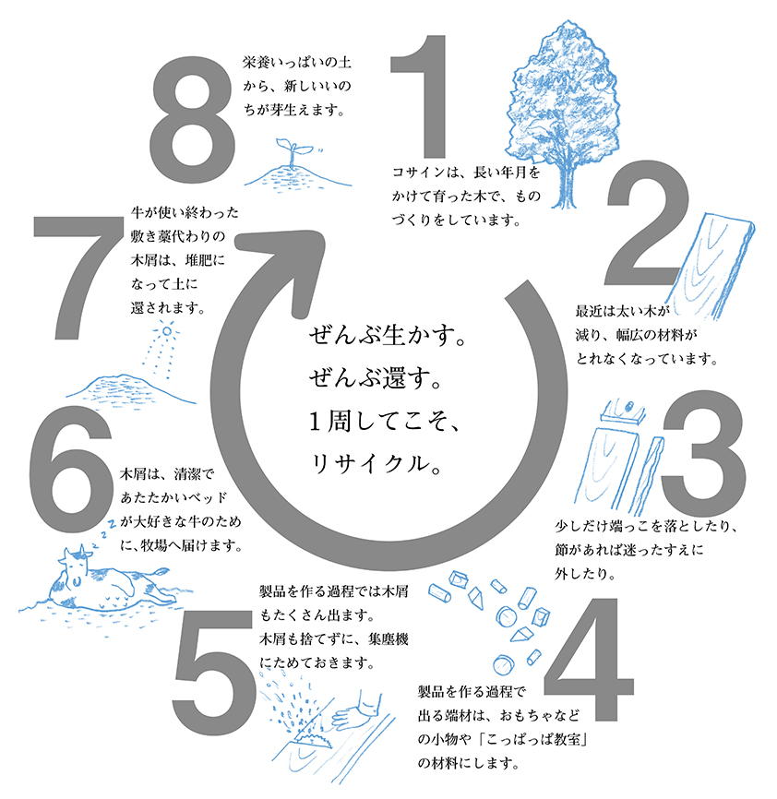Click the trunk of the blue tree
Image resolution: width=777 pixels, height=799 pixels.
(565, 184)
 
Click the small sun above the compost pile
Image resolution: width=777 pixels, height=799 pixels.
(166, 331)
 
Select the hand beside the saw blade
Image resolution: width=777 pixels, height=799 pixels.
(355, 710)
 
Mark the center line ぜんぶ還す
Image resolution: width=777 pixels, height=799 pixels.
(375, 378)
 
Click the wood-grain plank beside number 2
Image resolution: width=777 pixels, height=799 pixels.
(711, 266)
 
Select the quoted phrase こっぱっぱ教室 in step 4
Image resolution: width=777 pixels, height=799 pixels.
(533, 739)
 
